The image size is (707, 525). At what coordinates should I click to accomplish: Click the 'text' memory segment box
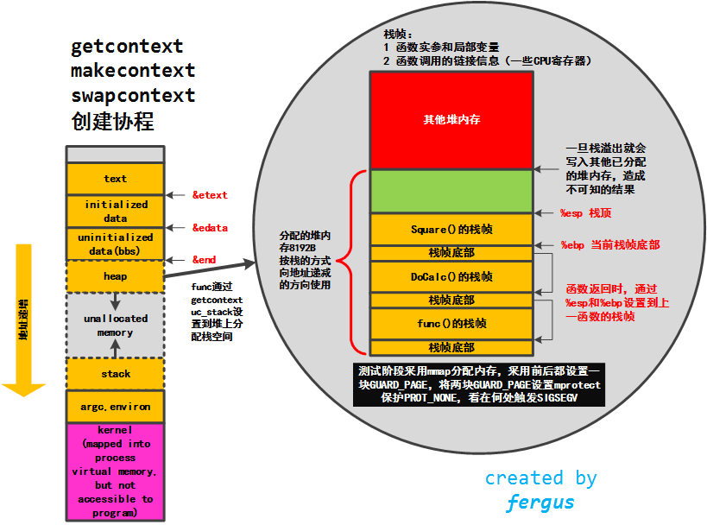[115, 179]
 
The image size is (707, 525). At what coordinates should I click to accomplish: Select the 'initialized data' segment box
[115, 212]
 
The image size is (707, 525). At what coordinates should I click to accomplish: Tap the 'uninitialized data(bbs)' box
[115, 243]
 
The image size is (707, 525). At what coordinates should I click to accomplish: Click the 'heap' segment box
[115, 276]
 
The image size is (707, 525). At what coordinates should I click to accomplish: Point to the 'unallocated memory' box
[115, 325]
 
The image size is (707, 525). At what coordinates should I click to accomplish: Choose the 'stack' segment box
[115, 374]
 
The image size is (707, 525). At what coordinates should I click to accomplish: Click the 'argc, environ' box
[115, 406]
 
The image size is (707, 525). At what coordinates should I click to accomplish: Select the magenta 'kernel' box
[115, 471]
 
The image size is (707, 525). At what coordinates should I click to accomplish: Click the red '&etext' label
[210, 195]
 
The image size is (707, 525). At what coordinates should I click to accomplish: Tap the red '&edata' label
[210, 227]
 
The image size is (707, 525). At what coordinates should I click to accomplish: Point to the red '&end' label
[204, 259]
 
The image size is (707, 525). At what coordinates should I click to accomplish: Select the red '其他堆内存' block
[451, 119]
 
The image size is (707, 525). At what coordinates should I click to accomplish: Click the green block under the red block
[451, 190]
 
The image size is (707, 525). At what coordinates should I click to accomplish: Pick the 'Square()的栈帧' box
[451, 230]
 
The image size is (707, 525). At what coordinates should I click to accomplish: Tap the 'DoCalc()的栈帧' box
[451, 276]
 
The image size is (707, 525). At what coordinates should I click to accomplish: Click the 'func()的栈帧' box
[451, 323]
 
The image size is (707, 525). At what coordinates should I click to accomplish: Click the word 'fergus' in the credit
[540, 502]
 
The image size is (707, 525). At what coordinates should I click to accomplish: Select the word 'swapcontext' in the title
[133, 95]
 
